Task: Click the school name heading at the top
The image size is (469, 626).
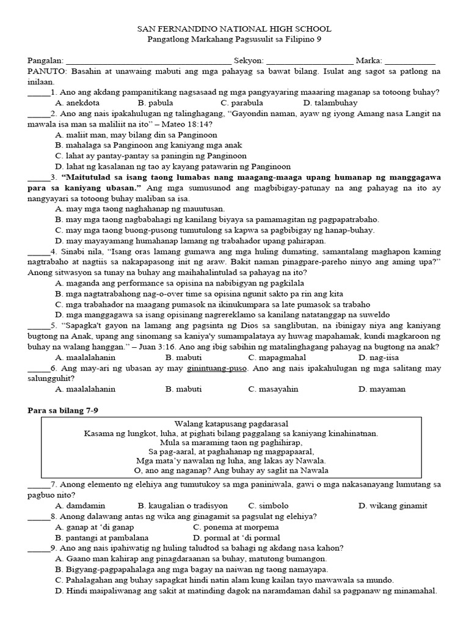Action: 234,29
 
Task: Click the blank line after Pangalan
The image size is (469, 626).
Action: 148,61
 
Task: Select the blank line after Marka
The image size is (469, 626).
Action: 410,61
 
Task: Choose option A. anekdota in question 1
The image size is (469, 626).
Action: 78,103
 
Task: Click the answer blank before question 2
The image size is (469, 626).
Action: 38,114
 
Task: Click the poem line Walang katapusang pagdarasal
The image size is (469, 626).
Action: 231,424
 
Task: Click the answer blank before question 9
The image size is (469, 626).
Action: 38,548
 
